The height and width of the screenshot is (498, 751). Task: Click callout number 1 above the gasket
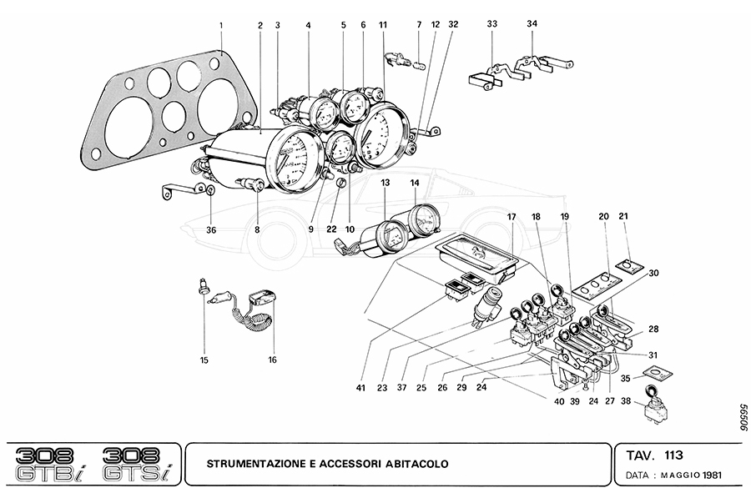click(221, 26)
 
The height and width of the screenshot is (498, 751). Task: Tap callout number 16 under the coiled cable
click(272, 360)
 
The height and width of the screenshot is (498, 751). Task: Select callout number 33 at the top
click(491, 25)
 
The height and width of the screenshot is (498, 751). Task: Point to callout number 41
click(360, 387)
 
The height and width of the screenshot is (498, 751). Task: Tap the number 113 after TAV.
click(674, 455)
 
